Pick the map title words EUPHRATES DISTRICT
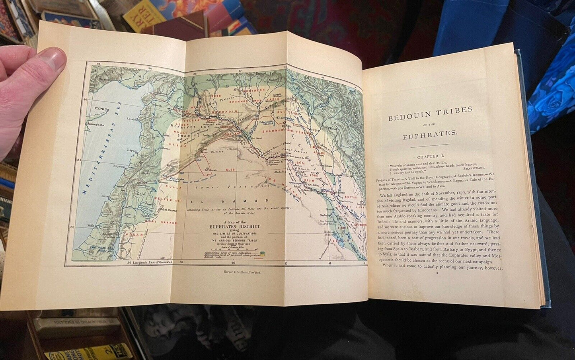pyautogui.click(x=236, y=226)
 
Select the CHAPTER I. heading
pyautogui.click(x=433, y=158)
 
